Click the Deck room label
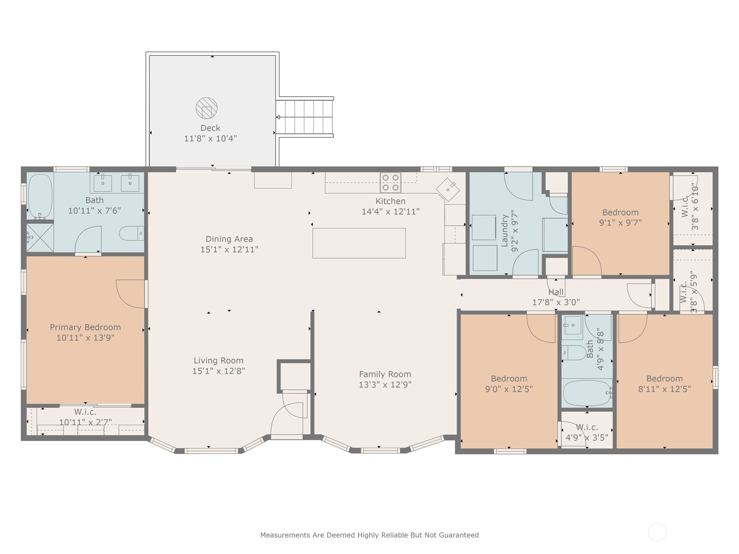click(210, 128)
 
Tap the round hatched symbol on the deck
click(206, 108)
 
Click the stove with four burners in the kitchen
click(391, 183)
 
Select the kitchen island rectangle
click(359, 243)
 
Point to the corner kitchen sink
click(448, 190)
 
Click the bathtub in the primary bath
click(40, 197)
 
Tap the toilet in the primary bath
click(132, 234)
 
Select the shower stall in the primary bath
click(40, 238)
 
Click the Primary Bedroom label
click(85, 327)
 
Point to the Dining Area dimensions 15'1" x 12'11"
click(229, 249)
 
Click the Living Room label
click(218, 361)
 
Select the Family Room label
click(385, 374)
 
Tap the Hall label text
click(556, 292)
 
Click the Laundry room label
click(504, 231)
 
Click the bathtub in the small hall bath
click(587, 393)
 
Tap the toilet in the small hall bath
click(575, 353)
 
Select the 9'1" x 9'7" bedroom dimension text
click(620, 223)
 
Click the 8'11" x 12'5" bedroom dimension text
click(664, 389)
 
